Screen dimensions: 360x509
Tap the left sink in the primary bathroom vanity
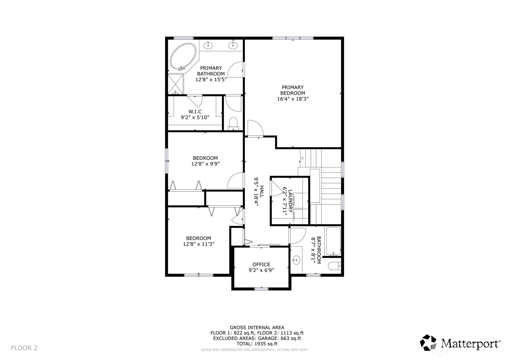tap(209, 46)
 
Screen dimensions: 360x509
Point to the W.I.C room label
tap(195, 112)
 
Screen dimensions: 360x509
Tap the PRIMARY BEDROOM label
tap(293, 90)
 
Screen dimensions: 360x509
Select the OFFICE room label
tap(261, 264)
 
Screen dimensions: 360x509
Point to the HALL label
tap(261, 192)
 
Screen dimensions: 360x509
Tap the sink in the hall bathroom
tap(296, 260)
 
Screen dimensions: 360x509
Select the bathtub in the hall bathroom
tap(333, 241)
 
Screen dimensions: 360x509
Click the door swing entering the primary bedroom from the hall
tap(255, 128)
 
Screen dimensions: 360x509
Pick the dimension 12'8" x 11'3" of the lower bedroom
tap(199, 244)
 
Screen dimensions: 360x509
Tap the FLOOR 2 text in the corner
tap(24, 348)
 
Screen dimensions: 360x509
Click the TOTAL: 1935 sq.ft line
tap(257, 344)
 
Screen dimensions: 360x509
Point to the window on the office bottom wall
tap(261, 289)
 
